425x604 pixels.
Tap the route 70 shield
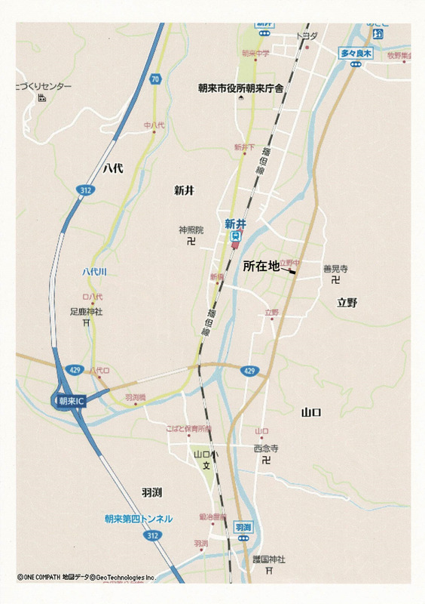(154, 78)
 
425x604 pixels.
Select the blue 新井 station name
(235, 223)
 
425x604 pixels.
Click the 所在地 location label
(261, 267)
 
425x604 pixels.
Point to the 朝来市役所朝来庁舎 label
(240, 88)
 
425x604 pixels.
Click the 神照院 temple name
(191, 230)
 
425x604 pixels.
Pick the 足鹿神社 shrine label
(86, 311)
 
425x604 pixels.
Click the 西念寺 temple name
(265, 448)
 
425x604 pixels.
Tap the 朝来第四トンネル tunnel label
(139, 519)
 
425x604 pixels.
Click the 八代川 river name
(94, 271)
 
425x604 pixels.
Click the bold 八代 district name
(113, 169)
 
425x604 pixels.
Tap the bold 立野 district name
(347, 303)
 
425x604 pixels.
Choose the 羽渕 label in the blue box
(243, 526)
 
